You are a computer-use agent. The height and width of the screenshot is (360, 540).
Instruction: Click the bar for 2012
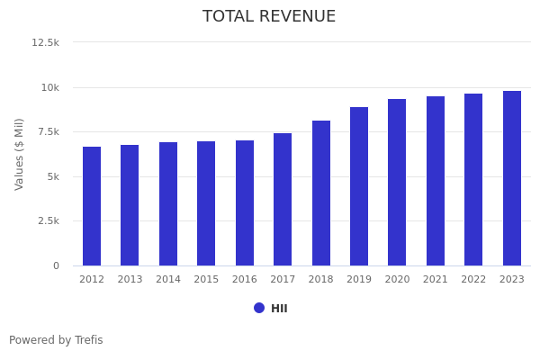(92, 206)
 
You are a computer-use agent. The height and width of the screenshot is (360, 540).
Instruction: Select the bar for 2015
(206, 203)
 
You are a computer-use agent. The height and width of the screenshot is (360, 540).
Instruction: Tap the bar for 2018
(321, 193)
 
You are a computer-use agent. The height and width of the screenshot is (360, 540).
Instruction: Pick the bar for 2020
(397, 182)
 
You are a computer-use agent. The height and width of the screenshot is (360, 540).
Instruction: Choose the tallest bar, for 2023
(512, 178)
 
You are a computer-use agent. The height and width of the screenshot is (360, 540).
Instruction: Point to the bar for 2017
(283, 199)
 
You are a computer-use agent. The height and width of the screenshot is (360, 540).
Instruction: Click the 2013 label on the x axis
(130, 280)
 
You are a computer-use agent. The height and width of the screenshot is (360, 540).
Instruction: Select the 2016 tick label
(245, 280)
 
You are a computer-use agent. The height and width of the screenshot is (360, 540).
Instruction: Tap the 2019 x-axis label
(359, 280)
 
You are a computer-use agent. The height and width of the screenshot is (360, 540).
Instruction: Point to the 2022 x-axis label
(473, 280)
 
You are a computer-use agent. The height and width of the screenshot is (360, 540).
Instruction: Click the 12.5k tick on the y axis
(45, 42)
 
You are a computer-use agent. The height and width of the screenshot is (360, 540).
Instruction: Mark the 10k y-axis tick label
(49, 87)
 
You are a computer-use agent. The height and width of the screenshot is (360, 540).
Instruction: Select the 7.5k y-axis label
(48, 131)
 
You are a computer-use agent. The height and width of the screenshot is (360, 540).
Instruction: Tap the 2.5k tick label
(48, 220)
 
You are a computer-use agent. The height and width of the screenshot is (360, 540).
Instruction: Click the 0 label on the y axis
(56, 265)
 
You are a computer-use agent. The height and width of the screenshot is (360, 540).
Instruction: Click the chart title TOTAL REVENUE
(269, 17)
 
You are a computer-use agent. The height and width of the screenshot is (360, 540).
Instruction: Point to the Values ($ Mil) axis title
(20, 154)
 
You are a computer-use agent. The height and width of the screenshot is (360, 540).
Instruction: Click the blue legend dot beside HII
(259, 308)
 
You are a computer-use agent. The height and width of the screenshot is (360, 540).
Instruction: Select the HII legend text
(279, 309)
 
